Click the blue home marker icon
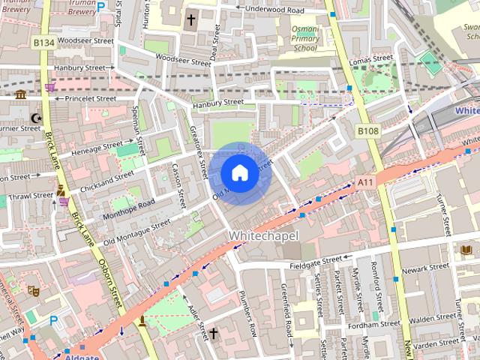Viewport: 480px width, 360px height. [238, 173]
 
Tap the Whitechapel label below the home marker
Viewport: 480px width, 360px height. [263, 235]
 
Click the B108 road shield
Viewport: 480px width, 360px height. [367, 131]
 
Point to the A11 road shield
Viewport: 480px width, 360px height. [364, 181]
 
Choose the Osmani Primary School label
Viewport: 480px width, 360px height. [304, 37]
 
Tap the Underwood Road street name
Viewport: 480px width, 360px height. [270, 10]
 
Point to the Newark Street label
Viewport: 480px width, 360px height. [424, 268]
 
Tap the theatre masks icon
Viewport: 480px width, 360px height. [33, 290]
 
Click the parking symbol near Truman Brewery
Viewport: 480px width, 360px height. [100, 6]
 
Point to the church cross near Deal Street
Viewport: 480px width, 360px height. [190, 19]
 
